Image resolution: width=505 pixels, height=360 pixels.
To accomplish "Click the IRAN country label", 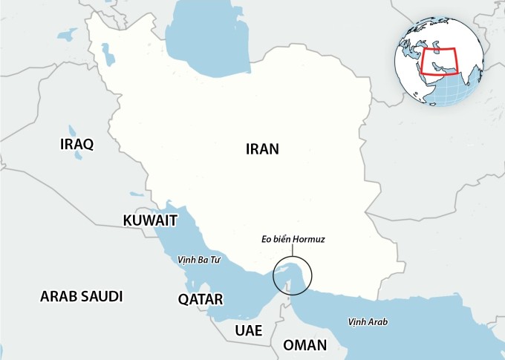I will click(x=262, y=148).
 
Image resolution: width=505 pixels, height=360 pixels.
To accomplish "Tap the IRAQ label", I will click(x=76, y=144).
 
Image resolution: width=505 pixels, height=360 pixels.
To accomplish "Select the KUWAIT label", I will click(x=150, y=220).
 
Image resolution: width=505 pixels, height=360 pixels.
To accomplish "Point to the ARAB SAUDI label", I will click(x=81, y=296).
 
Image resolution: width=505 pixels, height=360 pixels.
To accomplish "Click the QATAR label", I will click(x=201, y=299).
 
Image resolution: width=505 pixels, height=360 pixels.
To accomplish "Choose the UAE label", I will click(x=248, y=330).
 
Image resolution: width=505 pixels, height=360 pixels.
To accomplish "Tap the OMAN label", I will click(x=304, y=345).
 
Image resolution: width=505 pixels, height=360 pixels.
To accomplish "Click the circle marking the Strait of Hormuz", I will click(x=293, y=276).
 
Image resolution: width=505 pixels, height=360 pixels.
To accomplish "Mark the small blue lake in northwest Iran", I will click(x=103, y=52).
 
